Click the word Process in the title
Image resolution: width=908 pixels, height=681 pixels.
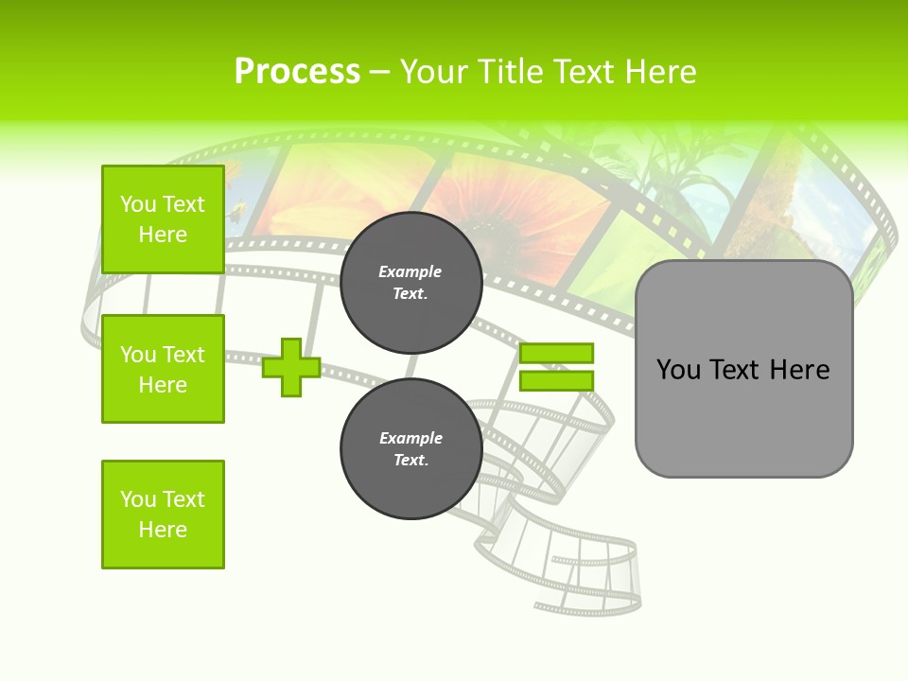(x=297, y=72)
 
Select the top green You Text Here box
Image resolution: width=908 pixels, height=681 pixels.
(x=163, y=219)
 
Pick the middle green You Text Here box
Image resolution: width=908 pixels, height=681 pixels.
(x=163, y=369)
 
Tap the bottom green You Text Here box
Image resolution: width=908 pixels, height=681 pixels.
(x=163, y=515)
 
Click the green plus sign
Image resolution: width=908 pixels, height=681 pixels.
(x=291, y=367)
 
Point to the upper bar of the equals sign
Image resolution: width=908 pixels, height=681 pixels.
(x=556, y=353)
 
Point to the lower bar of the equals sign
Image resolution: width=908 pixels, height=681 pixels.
(x=556, y=380)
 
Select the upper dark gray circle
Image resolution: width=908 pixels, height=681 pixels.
(x=410, y=283)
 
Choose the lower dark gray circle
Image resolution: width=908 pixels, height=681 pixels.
(x=410, y=449)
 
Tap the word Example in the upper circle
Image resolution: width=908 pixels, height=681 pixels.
(x=410, y=271)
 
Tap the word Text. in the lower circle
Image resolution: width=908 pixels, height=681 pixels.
(x=410, y=461)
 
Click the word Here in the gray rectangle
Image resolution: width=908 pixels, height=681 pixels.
(x=800, y=370)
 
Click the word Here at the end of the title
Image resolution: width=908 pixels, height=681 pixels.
(x=661, y=72)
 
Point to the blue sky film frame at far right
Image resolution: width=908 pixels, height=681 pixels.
(x=828, y=213)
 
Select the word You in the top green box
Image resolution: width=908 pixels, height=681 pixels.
(x=137, y=204)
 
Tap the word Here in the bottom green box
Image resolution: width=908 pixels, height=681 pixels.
(x=163, y=530)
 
